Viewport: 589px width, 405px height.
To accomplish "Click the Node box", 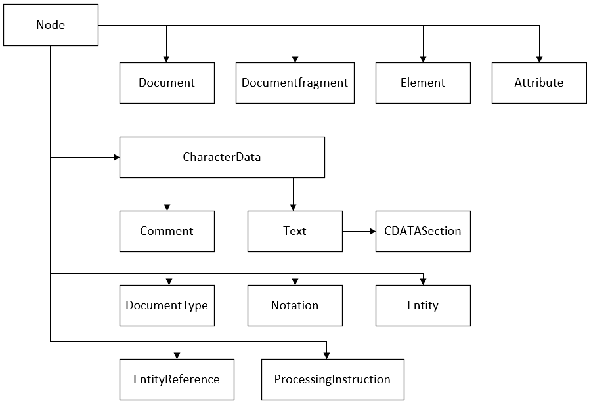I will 51,25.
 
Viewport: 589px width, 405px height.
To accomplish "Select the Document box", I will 167,83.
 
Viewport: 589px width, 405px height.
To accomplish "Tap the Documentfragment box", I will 295,83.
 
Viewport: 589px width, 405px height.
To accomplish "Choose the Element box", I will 423,83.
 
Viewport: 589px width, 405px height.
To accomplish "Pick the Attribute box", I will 539,83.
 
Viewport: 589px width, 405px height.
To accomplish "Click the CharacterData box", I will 222,157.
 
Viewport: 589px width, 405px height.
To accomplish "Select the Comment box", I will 167,231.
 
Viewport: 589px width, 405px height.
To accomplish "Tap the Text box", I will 295,231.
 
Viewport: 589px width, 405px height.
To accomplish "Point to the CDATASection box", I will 423,231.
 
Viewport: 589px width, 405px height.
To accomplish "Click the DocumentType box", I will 167,305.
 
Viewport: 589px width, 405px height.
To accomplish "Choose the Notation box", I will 295,305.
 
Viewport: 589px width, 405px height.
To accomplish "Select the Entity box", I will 423,305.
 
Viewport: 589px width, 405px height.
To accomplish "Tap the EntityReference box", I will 177,379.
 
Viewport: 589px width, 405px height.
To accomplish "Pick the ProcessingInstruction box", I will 332,379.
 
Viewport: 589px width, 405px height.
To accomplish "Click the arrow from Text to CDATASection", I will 359,231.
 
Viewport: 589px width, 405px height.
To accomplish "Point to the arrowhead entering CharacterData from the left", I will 116,157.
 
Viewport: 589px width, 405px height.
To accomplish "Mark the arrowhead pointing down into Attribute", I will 539,59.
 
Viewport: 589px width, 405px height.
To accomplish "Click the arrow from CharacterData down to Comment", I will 167,194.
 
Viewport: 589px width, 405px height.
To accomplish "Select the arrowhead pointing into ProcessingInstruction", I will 326,355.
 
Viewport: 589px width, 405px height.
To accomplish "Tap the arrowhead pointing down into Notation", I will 295,282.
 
